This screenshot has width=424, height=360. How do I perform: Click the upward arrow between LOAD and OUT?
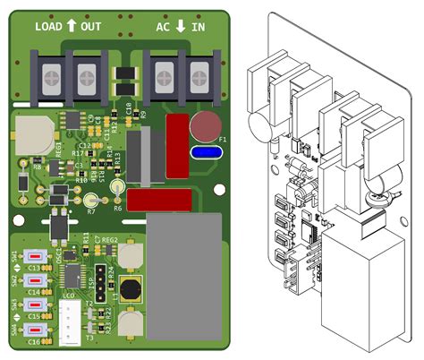coord(71,27)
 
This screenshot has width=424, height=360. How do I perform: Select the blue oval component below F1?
coord(208,153)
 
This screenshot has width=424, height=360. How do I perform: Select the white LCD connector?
coord(69,319)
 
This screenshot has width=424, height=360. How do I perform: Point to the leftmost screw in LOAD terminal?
coord(50,75)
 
